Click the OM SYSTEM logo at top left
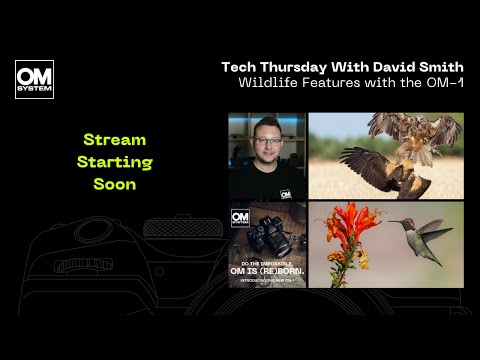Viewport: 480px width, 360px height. click(x=35, y=80)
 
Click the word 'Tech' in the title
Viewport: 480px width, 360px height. click(x=240, y=67)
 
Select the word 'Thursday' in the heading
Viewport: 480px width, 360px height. click(x=301, y=67)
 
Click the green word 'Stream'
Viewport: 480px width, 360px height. click(x=114, y=140)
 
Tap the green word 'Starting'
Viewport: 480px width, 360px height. click(x=114, y=162)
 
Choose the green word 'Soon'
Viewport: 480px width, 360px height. click(x=114, y=184)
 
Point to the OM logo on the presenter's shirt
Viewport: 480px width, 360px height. click(x=286, y=193)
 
